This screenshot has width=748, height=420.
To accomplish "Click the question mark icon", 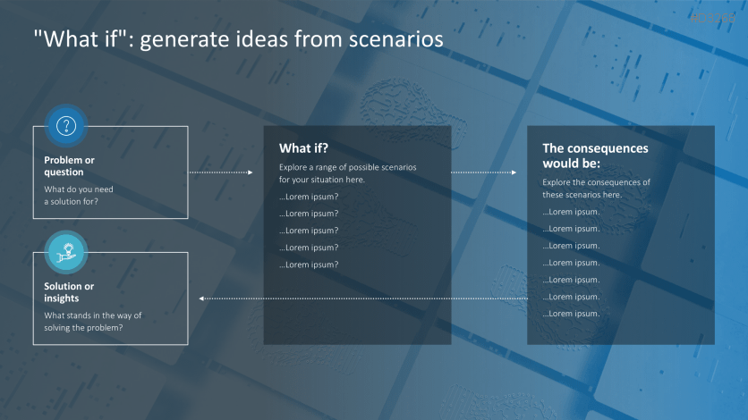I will click(65, 125).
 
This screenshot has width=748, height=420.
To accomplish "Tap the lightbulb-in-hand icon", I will click(65, 251).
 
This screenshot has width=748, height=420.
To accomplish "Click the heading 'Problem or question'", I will click(69, 166).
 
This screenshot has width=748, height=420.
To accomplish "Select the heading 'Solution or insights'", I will click(69, 292).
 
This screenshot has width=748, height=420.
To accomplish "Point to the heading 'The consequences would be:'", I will click(595, 155).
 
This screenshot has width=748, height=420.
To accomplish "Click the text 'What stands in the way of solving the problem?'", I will click(93, 321).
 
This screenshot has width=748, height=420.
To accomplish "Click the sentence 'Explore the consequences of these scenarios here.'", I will click(596, 189).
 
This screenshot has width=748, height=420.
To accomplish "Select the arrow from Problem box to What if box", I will click(220, 172).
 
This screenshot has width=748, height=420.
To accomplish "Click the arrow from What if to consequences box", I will click(483, 172).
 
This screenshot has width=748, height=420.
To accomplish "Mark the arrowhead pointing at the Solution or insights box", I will click(201, 298).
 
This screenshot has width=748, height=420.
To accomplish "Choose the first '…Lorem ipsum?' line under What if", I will click(309, 197).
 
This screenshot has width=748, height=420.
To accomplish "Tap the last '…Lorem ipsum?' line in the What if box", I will click(309, 265).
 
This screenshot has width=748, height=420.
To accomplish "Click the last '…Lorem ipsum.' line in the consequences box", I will click(571, 314).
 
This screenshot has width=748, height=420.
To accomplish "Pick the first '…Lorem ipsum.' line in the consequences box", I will click(571, 212).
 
